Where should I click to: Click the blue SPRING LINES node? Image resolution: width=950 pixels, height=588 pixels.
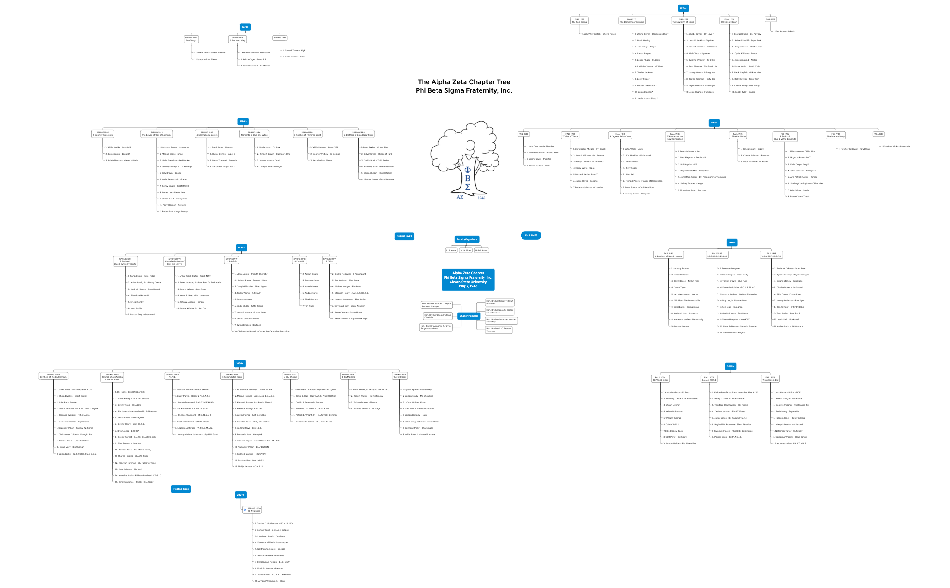pos(404,236)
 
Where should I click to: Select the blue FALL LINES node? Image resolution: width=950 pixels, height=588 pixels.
pos(531,235)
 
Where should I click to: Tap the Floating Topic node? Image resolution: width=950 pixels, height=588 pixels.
pos(181,489)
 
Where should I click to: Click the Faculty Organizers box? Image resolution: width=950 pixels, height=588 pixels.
pos(467,239)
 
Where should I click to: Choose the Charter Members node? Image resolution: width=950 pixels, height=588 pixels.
pos(469,316)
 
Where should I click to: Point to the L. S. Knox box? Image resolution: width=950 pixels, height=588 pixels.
pos(451,250)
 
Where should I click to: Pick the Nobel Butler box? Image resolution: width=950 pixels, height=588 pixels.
pos(481,250)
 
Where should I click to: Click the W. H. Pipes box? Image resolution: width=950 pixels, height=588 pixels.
pos(465,250)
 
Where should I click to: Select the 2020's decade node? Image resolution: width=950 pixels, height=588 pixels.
pos(241,495)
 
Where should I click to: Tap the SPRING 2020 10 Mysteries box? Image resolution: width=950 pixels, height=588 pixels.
pos(254,510)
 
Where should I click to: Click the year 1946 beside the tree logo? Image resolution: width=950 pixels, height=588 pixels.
pos(481,198)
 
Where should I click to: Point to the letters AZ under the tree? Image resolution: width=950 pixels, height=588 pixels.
pos(460,197)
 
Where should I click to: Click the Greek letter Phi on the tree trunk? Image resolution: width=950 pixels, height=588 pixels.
pos(468,170)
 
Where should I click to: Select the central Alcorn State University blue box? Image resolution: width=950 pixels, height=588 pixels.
pos(468,280)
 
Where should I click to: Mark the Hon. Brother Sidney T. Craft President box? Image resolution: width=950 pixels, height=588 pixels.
pos(500,302)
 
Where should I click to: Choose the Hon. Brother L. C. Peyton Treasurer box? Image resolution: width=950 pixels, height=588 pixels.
pos(499,330)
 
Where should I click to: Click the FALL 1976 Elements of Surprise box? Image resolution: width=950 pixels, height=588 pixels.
pos(632,21)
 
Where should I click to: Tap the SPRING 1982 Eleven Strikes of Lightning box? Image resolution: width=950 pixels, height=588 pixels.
pos(157,134)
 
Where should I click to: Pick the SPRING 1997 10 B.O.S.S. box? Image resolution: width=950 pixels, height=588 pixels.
pos(232,260)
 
